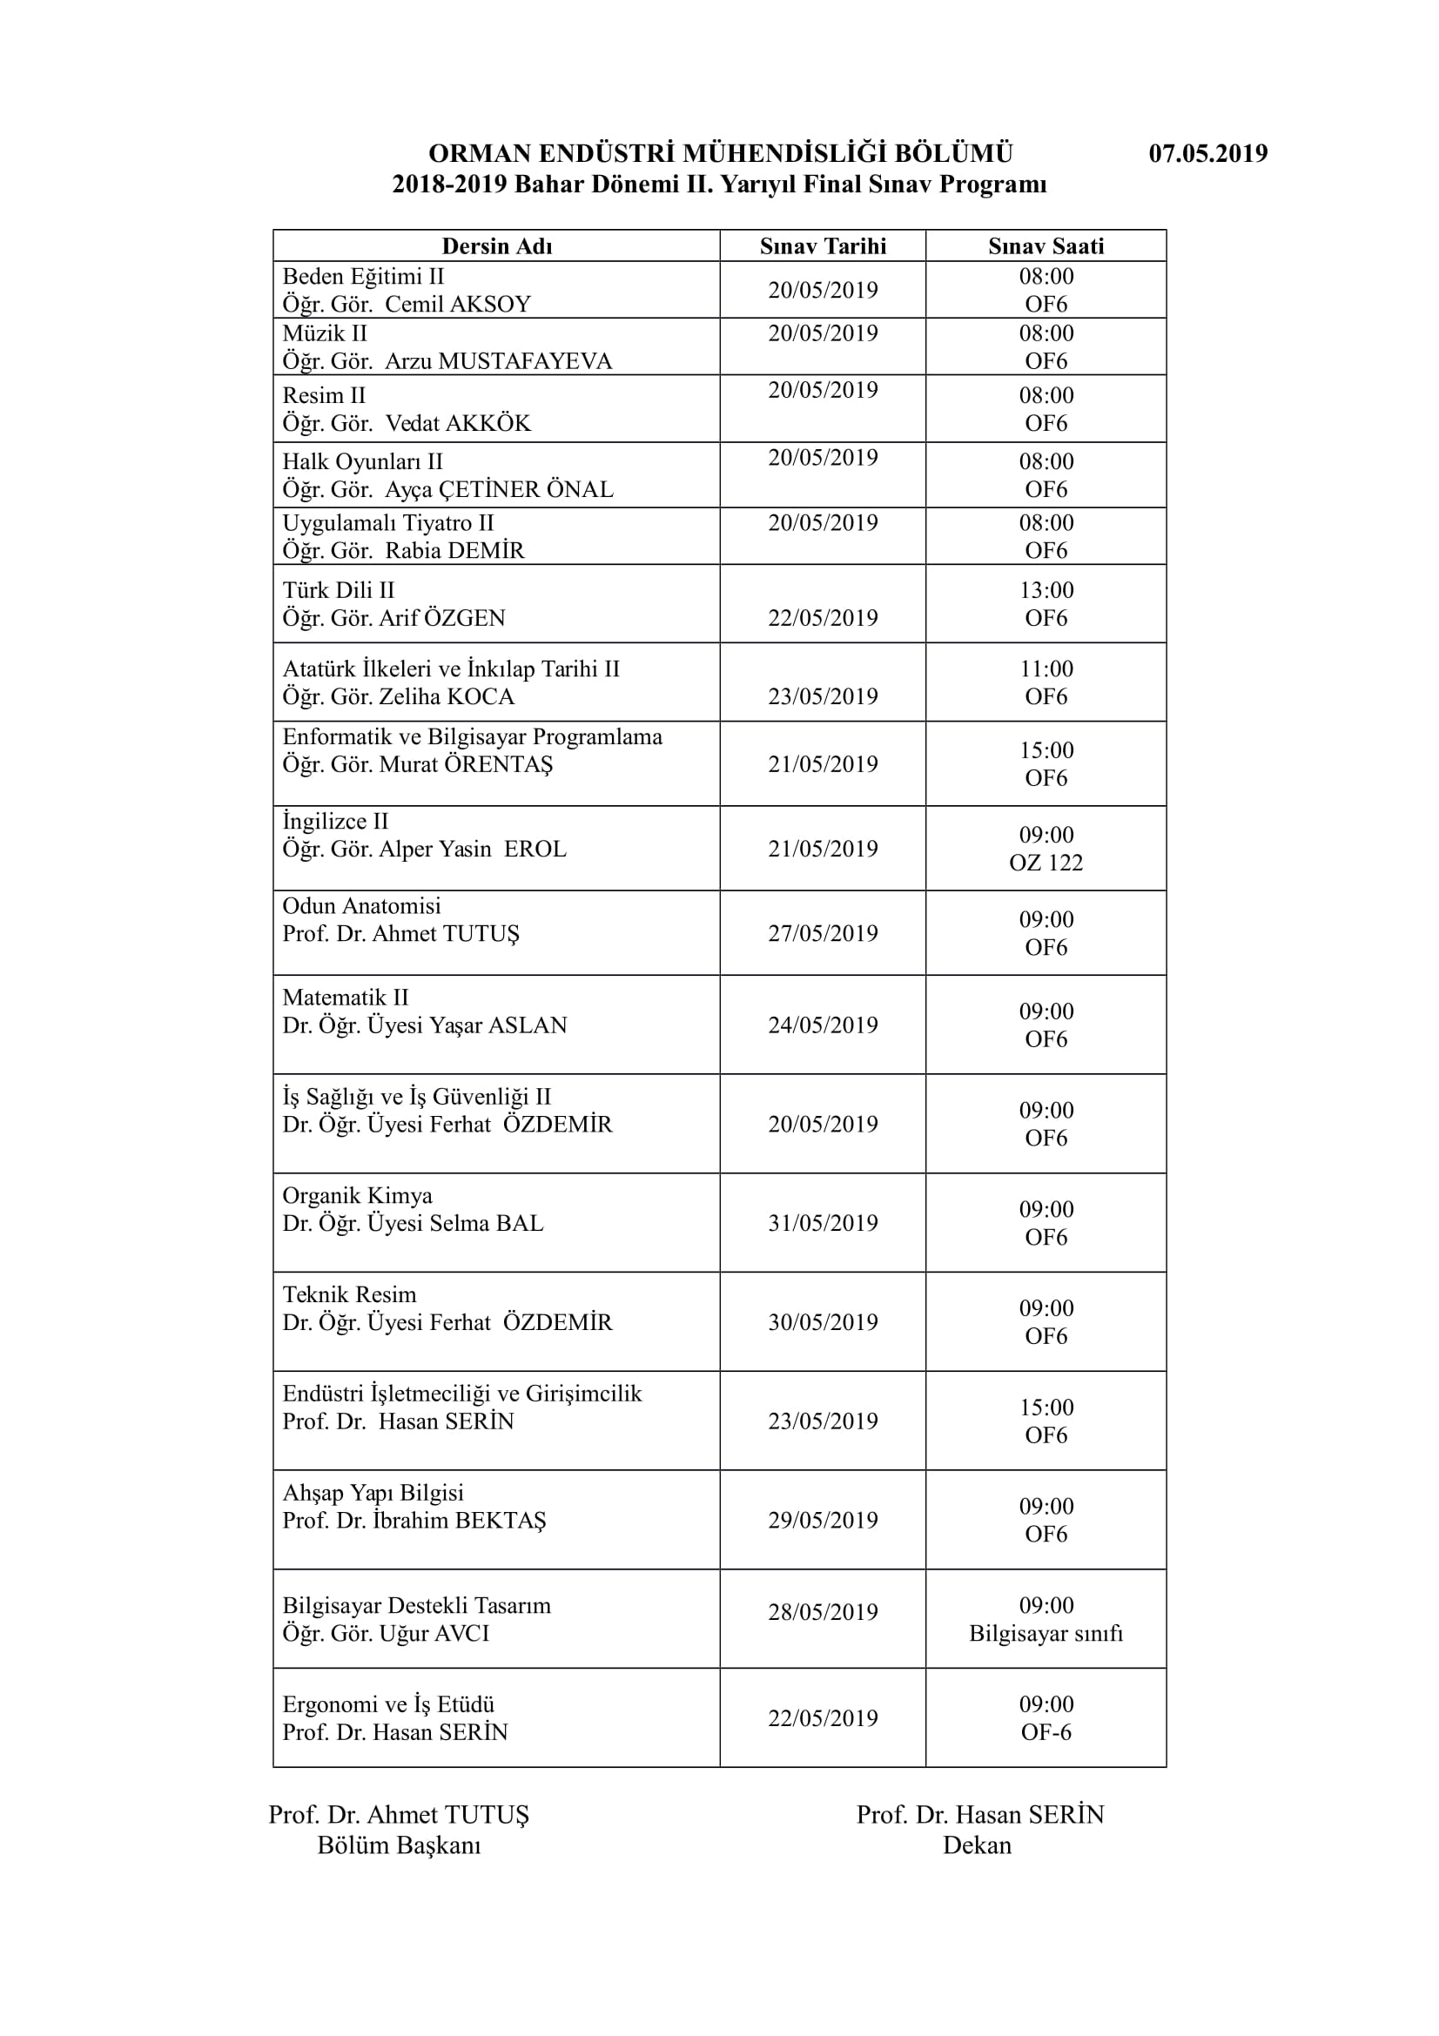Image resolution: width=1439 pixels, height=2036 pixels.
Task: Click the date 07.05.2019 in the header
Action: click(x=1207, y=153)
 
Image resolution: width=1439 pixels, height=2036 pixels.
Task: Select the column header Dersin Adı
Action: click(x=496, y=246)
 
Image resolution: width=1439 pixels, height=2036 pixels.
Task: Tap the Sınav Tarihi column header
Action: click(x=823, y=246)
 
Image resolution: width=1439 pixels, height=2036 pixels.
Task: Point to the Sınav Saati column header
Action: click(x=1046, y=246)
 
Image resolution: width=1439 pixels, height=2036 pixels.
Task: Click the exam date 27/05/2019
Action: click(x=823, y=933)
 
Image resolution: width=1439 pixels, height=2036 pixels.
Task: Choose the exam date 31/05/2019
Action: click(x=823, y=1223)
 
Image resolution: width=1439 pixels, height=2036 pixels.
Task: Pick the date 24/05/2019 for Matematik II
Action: click(x=823, y=1025)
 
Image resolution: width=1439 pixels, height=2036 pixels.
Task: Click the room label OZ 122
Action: click(x=1046, y=863)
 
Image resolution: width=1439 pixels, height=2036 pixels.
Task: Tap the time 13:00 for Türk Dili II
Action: click(x=1046, y=590)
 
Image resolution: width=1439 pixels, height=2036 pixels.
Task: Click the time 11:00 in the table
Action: click(x=1046, y=669)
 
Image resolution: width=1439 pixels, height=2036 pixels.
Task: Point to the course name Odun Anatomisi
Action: click(x=362, y=906)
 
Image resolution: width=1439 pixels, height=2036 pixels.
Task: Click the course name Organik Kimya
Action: click(x=357, y=1196)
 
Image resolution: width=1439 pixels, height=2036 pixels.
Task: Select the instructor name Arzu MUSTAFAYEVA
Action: click(x=498, y=362)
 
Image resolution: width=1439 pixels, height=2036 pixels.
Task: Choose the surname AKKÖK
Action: click(x=488, y=424)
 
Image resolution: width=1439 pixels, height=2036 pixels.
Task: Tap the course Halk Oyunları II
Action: click(x=363, y=462)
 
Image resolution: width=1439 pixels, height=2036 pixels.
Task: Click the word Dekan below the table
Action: click(x=977, y=1845)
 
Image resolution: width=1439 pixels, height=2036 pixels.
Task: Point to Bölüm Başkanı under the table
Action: click(x=399, y=1845)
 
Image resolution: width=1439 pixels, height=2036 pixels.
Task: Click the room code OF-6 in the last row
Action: click(x=1046, y=1732)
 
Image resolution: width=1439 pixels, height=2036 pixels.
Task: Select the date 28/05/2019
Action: click(x=823, y=1612)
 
